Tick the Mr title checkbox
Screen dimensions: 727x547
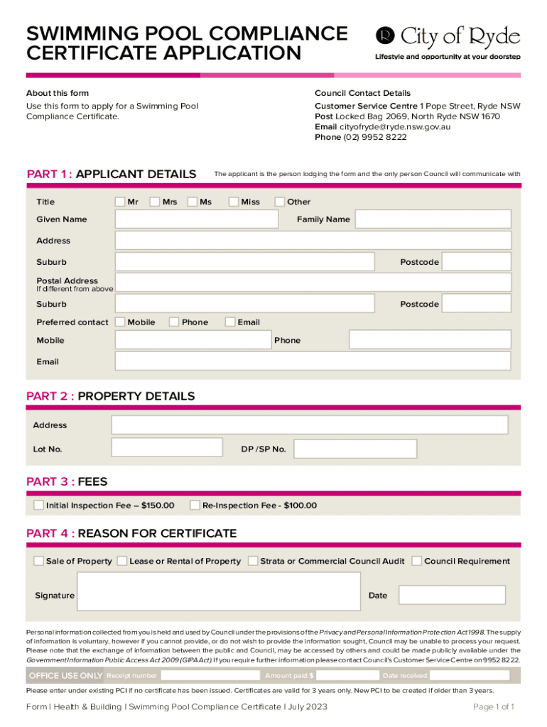click(120, 202)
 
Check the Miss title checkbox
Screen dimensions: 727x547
click(234, 202)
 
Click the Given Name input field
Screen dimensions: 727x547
click(197, 219)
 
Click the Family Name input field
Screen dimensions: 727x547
click(433, 219)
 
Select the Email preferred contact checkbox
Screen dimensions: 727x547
click(230, 322)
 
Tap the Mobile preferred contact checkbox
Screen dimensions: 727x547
click(120, 322)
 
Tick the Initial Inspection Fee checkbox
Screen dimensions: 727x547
click(38, 505)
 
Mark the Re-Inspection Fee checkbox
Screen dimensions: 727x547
click(195, 505)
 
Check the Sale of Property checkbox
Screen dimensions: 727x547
click(38, 561)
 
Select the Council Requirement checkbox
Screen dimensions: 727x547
click(417, 561)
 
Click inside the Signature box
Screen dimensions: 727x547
click(218, 591)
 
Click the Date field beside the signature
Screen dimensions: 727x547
click(452, 595)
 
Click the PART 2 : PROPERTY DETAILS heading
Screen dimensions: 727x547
click(110, 396)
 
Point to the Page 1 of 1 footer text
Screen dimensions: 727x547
click(494, 706)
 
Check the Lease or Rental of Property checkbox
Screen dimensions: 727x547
click(121, 561)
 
